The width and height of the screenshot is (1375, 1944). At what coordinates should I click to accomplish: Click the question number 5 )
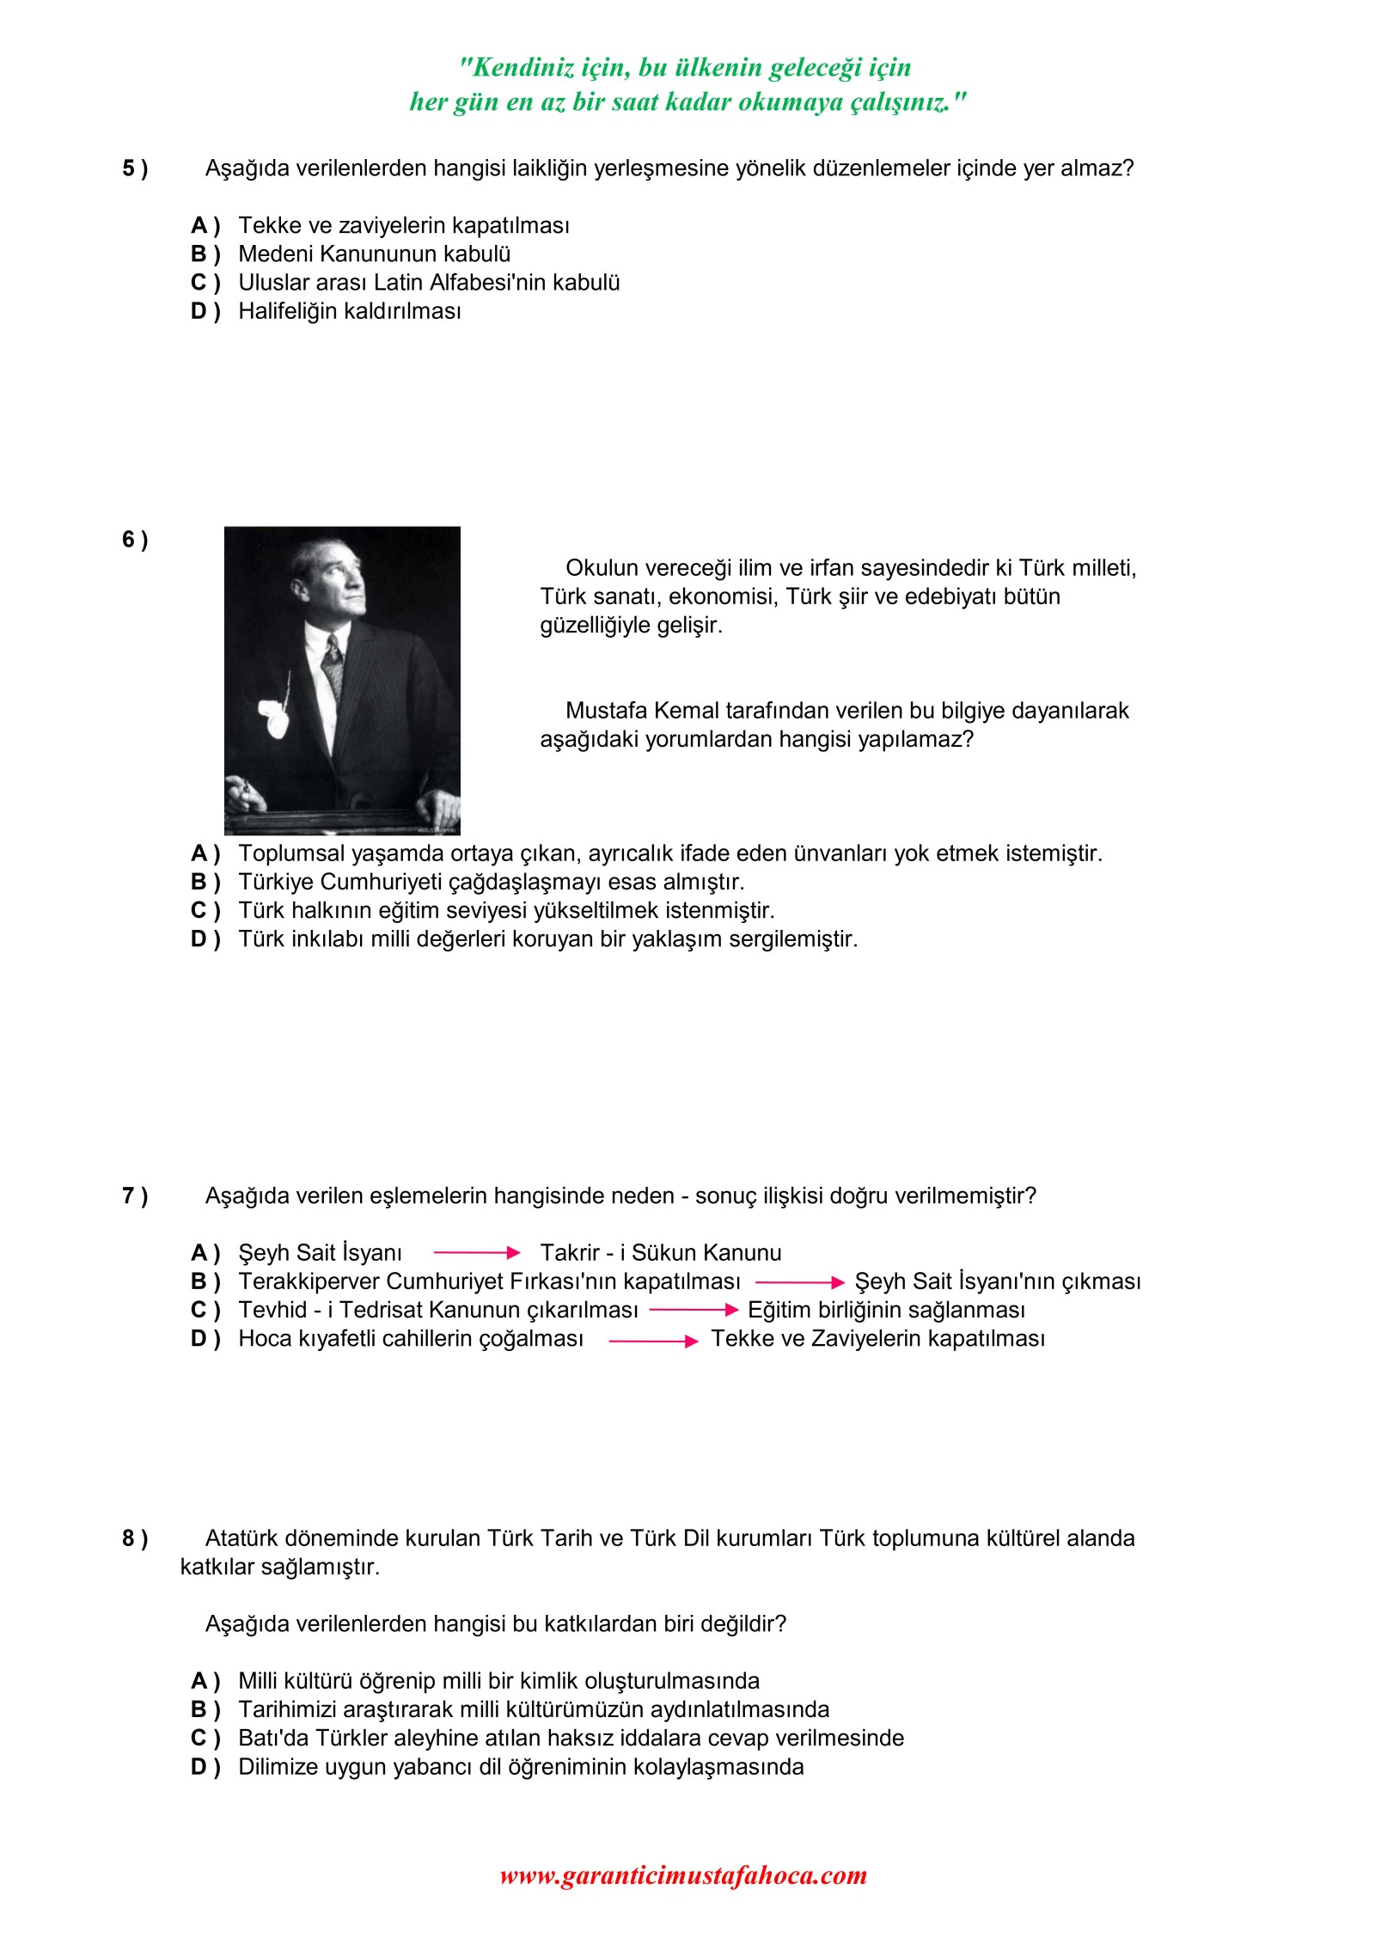[134, 168]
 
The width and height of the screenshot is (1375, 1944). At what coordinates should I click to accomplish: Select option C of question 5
[205, 283]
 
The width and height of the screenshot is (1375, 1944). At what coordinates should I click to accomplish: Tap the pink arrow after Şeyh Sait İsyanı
[477, 1253]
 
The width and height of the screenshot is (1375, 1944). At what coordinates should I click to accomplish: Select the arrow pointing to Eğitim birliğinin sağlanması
[694, 1310]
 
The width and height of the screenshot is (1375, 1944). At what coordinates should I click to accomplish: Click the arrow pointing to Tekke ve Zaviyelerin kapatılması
[653, 1341]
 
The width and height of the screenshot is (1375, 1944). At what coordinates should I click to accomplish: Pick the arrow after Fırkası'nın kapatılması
[800, 1282]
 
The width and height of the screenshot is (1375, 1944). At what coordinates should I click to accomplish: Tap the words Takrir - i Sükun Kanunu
[660, 1253]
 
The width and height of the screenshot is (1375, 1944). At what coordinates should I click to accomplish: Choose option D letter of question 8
[205, 1767]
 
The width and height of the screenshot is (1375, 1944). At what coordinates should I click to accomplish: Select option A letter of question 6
[205, 853]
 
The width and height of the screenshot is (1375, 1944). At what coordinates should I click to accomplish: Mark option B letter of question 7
[205, 1281]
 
